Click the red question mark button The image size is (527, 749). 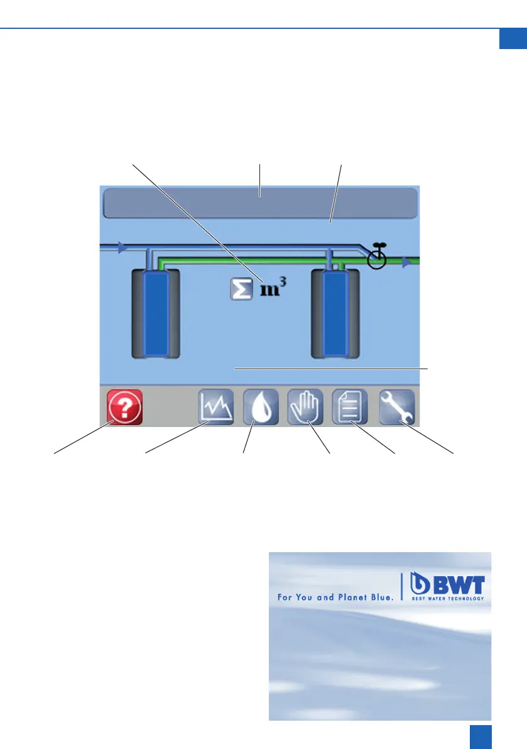coord(124,407)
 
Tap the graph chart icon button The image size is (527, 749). coord(216,407)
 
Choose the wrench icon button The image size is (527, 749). coord(397,407)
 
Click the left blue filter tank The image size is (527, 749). coord(155,313)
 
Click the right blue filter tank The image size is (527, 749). coord(335,313)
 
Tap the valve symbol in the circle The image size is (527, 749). coord(376,258)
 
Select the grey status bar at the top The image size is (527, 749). coord(259,203)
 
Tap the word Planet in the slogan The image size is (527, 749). coord(354,597)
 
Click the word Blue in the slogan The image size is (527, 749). coord(381,597)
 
